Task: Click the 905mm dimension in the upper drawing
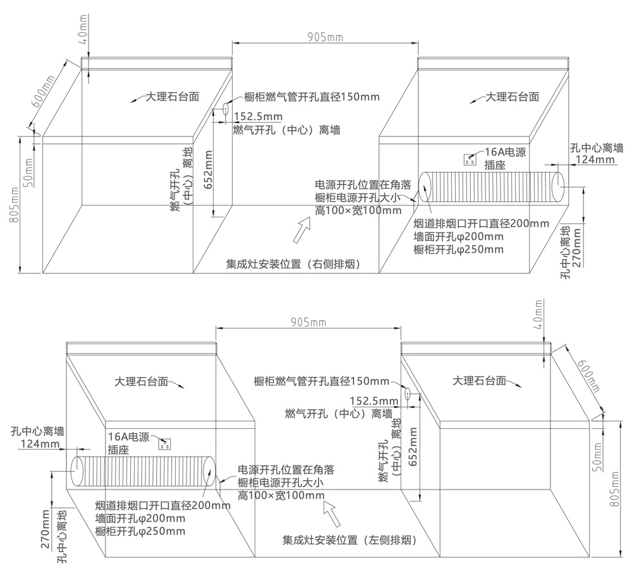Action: click(x=325, y=37)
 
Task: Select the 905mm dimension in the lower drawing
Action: click(x=308, y=322)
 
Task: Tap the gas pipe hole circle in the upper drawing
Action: click(x=224, y=109)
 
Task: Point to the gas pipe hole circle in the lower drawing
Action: click(x=408, y=395)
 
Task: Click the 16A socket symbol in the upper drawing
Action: click(x=470, y=159)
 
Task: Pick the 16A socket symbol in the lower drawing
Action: click(x=166, y=444)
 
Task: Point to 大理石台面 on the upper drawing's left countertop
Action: click(x=173, y=97)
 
